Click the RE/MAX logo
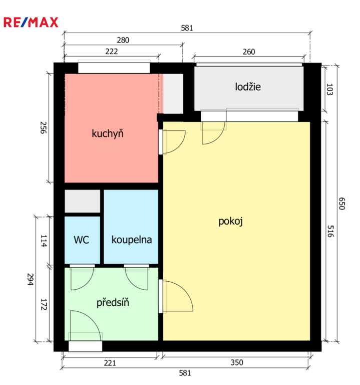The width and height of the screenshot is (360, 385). (31, 22)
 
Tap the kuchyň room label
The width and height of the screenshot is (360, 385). (108, 133)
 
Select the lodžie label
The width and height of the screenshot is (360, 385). (248, 87)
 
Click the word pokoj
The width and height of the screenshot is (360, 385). (230, 222)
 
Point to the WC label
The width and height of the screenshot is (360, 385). (82, 240)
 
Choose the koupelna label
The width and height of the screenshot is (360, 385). (132, 240)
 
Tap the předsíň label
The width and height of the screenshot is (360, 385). (113, 302)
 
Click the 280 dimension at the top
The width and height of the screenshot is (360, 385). (123, 40)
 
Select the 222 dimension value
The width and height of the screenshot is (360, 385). (112, 52)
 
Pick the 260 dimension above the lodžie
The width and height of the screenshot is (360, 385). (249, 52)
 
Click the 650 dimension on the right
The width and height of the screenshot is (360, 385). (342, 204)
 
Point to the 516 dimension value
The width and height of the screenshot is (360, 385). (330, 231)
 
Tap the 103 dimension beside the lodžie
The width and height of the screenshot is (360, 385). (330, 89)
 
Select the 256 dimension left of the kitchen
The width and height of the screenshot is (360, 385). (43, 128)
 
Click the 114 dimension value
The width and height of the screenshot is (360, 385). (44, 241)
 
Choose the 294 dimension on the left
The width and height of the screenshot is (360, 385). (30, 279)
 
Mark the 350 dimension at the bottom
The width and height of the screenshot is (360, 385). (237, 362)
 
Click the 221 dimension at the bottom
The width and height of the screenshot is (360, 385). (110, 363)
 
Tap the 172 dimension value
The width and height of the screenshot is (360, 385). (44, 304)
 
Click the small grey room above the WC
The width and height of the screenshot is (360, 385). (83, 201)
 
